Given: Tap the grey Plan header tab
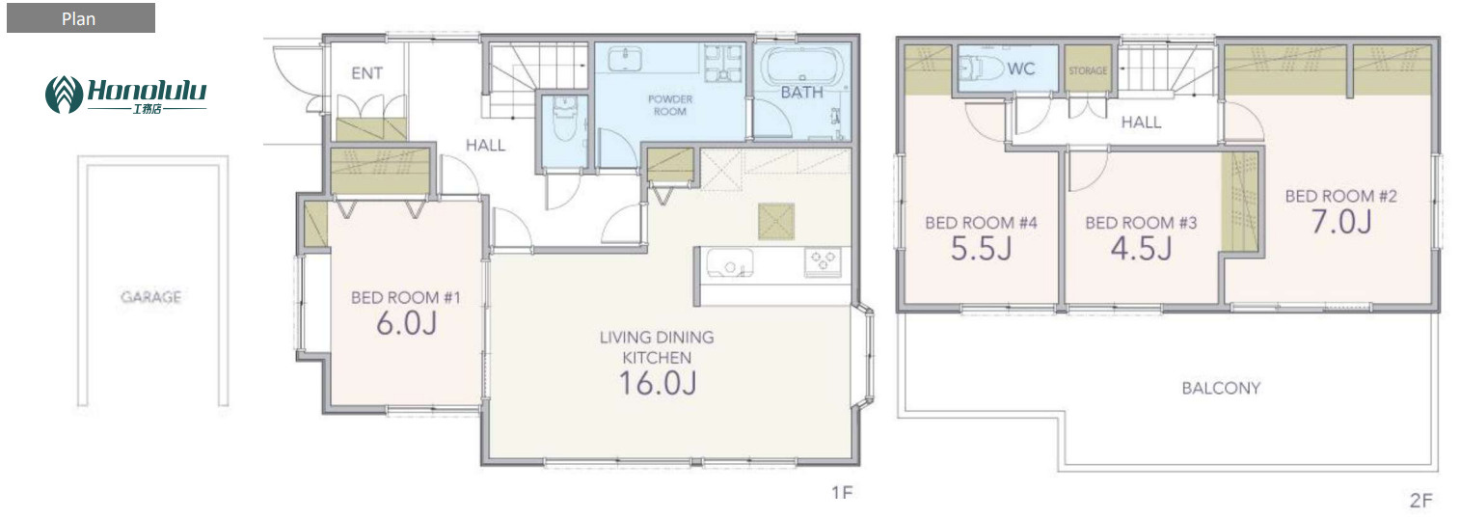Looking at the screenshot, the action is tap(81, 18).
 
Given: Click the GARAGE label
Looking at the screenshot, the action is tap(150, 297).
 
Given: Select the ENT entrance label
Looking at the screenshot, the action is tap(367, 73).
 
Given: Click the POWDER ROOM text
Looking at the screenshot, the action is tap(670, 105).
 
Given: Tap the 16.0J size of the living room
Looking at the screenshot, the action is tap(658, 383).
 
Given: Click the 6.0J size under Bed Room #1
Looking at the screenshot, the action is tap(406, 323).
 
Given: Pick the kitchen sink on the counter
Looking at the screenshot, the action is tap(730, 263).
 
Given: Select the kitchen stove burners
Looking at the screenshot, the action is tap(823, 262).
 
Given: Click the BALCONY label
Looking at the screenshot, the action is tap(1221, 389).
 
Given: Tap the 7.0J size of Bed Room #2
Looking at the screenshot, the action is tap(1341, 222).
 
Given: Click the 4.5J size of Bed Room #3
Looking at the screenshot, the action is tap(1141, 249).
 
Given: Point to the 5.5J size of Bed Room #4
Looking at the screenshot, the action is tap(981, 249).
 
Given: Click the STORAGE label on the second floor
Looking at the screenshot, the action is tap(1088, 70).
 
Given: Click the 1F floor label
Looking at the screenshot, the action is tap(842, 493).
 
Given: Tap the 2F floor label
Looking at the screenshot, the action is tap(1420, 501).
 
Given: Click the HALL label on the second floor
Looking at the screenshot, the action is tap(1141, 123).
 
